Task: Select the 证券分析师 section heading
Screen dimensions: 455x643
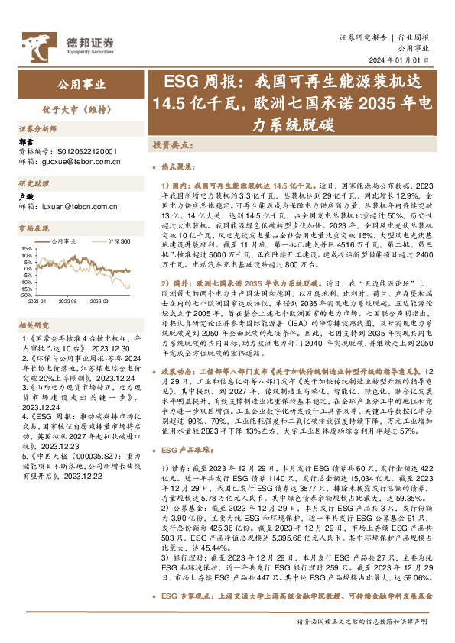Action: (x=38, y=129)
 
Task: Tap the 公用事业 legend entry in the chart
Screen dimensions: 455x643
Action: (x=69, y=241)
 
